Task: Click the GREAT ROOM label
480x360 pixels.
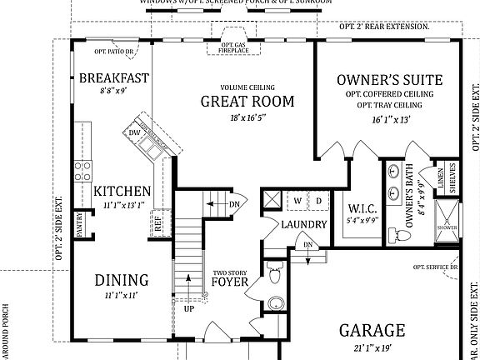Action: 247,102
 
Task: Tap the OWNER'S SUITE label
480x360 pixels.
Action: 388,81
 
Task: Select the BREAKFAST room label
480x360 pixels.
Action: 114,78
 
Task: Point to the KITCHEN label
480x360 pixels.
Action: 122,191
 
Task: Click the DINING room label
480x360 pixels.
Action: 121,280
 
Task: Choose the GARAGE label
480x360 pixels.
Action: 372,330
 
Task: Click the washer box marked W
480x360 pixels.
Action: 297,201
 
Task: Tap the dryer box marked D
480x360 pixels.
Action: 318,201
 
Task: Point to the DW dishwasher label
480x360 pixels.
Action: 134,132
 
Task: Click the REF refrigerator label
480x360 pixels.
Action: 157,222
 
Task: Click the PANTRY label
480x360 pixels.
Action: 80,223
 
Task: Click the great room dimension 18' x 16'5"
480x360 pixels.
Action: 247,119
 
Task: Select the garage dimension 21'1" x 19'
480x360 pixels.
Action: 372,347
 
